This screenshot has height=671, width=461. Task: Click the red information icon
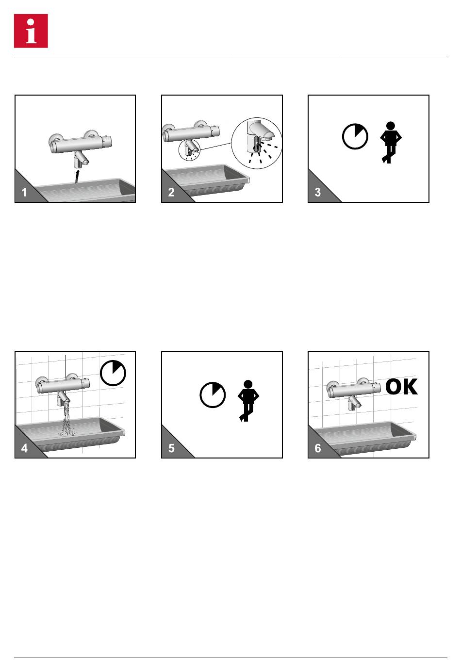(31, 31)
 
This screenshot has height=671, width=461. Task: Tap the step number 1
(24, 192)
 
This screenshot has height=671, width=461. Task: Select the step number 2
(171, 192)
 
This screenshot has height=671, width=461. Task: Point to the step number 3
(318, 192)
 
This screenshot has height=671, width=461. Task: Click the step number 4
(24, 448)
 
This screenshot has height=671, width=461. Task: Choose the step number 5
(171, 448)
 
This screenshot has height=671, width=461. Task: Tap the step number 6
(318, 448)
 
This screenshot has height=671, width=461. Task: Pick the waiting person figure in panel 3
(391, 142)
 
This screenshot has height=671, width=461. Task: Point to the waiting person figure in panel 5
(248, 401)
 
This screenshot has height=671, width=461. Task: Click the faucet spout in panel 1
(81, 159)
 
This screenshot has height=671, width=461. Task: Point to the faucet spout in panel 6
(355, 403)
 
